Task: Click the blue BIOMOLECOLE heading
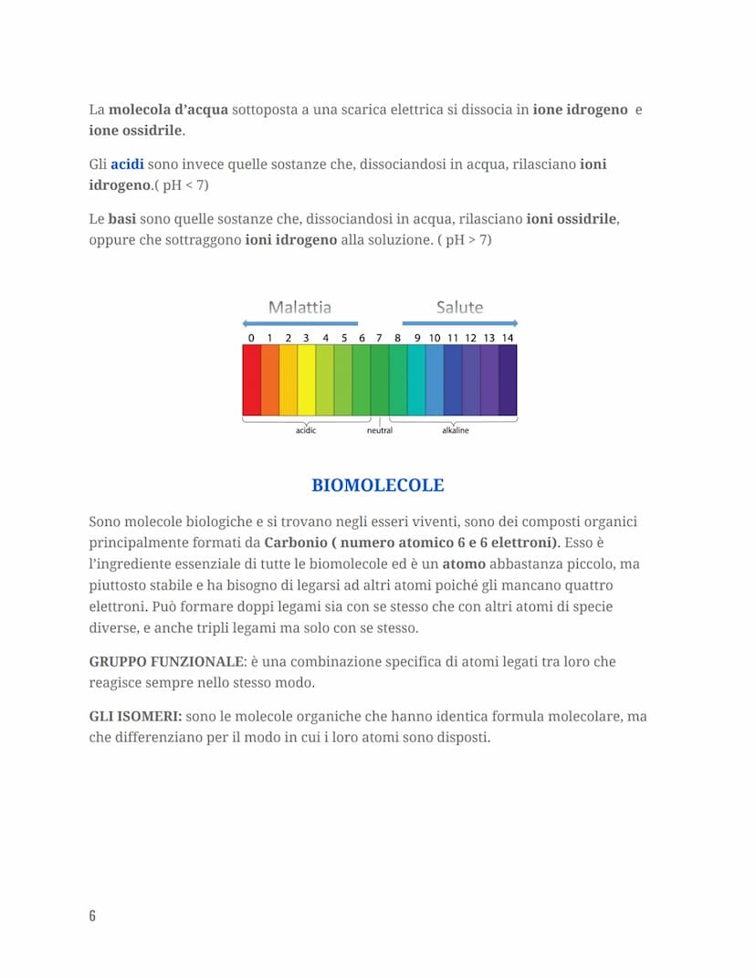378,485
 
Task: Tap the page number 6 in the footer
92,915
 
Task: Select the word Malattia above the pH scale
299,307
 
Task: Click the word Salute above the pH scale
459,307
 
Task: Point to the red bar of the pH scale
251,380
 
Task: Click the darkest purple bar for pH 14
508,380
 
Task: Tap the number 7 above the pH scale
379,338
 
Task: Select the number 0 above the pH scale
251,338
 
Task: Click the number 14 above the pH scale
508,338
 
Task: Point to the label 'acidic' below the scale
306,430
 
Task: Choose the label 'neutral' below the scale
379,430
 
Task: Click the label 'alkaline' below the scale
455,430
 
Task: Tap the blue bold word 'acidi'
127,164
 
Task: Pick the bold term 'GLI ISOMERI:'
135,717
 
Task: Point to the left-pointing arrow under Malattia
299,323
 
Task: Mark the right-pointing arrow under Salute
460,323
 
